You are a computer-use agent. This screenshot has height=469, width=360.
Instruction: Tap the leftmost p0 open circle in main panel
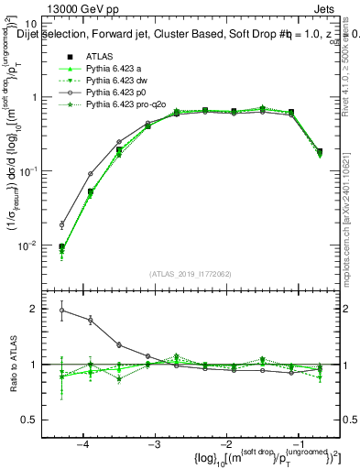(x=62, y=224)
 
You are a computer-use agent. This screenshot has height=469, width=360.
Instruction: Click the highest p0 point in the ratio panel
(x=62, y=311)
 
